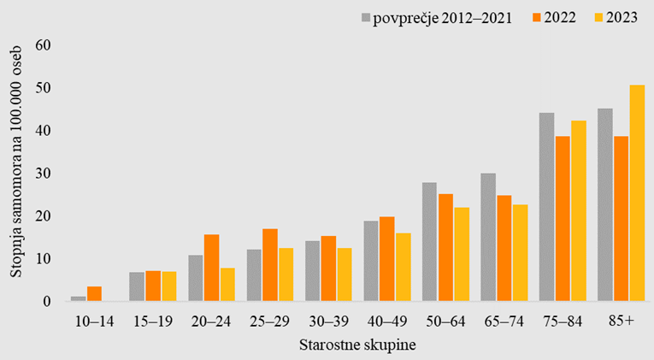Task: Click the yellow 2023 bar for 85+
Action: (x=637, y=193)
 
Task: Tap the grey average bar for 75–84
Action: (x=546, y=207)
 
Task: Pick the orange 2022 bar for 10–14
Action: (x=95, y=294)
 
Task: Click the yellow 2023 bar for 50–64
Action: (x=462, y=254)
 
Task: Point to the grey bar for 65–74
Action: (x=488, y=237)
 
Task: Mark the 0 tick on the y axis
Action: (x=46, y=301)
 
